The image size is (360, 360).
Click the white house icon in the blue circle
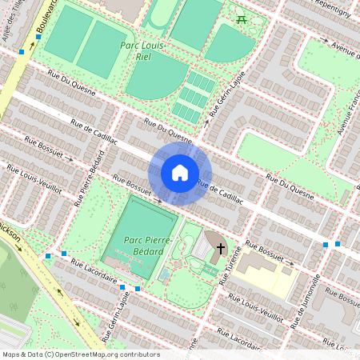tap(180, 172)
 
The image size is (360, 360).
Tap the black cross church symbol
tap(220, 249)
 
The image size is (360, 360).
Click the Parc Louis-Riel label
tap(142, 51)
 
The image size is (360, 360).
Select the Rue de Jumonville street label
tap(307, 302)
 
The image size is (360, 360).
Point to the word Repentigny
tap(331, 10)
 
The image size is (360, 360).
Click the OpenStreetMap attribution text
tap(81, 354)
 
